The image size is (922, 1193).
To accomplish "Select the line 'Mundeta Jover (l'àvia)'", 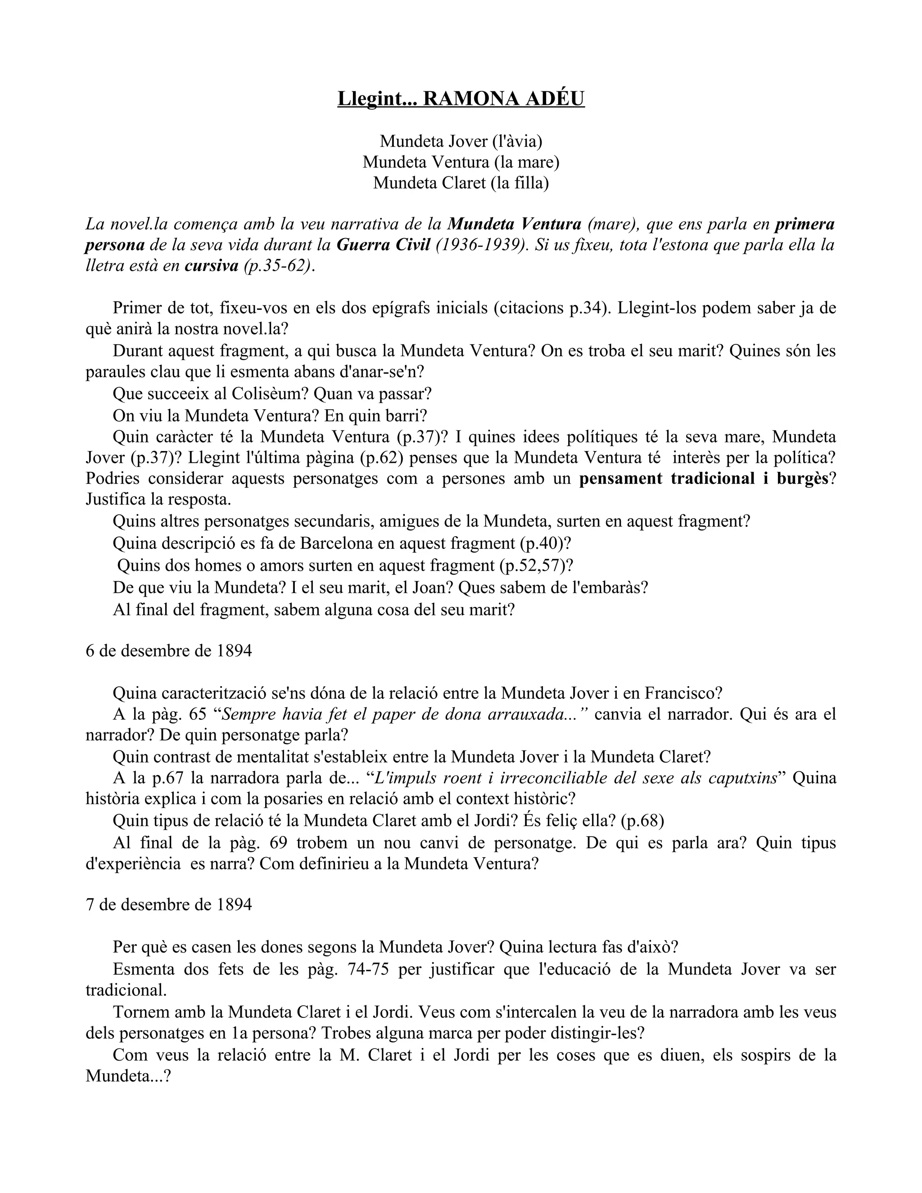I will pyautogui.click(x=461, y=141).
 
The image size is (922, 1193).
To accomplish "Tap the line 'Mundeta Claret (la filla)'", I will pyautogui.click(x=461, y=182).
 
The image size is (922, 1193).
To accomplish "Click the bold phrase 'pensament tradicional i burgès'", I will pyautogui.click(x=704, y=478).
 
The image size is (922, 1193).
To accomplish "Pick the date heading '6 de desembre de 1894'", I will pyautogui.click(x=169, y=651).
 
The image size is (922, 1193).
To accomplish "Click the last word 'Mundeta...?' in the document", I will pyautogui.click(x=129, y=1076).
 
